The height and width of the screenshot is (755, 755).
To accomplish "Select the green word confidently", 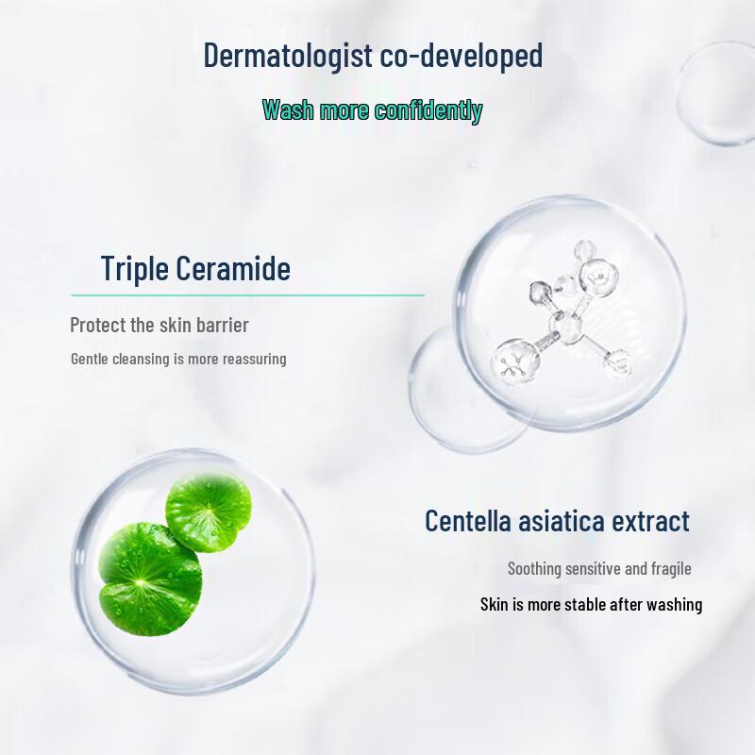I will pyautogui.click(x=428, y=110).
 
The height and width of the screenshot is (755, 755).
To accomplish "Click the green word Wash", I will pyautogui.click(x=289, y=110).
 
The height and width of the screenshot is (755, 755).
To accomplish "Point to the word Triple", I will pyautogui.click(x=134, y=269).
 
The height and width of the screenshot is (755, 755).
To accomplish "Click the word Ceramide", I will pyautogui.click(x=233, y=269).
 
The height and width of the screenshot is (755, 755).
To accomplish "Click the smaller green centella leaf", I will pyautogui.click(x=209, y=511).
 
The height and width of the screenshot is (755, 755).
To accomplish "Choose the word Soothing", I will pyautogui.click(x=534, y=568).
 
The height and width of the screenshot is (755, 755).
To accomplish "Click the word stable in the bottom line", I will pyautogui.click(x=585, y=604).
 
